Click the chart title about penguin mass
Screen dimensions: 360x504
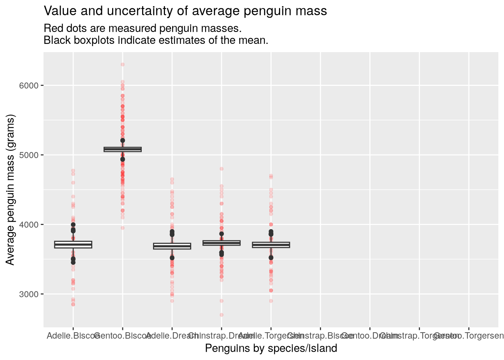185,11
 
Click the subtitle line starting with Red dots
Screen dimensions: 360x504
142,28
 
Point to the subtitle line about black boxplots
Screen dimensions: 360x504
156,40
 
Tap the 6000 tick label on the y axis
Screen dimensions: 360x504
28,85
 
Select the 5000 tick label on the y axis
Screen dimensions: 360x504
28,155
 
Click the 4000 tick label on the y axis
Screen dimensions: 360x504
28,225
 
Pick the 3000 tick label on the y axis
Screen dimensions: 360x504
28,294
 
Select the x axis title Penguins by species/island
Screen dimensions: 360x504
271,348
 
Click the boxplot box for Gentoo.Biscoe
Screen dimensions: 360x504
123,149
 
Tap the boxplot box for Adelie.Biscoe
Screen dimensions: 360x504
73,244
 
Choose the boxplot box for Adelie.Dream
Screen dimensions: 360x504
172,246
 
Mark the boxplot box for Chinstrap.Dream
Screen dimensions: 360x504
221,243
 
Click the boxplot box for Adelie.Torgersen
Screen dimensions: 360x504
271,245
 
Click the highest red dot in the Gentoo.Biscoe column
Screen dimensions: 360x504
123,64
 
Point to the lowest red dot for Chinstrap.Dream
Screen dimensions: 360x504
221,315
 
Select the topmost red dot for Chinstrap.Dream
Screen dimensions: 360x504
221,169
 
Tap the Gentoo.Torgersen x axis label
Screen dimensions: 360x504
469,335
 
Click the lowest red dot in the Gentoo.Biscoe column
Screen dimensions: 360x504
123,228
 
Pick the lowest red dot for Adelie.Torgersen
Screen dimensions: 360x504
271,301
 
